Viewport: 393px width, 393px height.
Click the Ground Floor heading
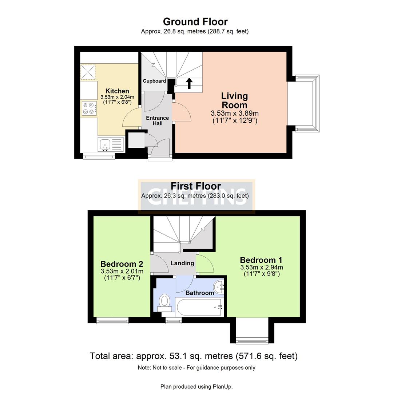click(195, 22)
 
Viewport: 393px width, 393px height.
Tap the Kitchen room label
click(117, 91)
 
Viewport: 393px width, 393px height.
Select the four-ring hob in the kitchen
click(88, 108)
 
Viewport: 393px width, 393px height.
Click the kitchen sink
click(106, 144)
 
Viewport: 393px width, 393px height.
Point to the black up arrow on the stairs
click(189, 83)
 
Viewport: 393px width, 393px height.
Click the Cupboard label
click(154, 81)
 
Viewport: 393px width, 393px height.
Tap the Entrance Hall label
click(157, 120)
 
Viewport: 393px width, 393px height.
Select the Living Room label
click(235, 100)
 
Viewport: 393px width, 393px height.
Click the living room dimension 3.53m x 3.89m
click(235, 114)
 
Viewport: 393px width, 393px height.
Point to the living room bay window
click(308, 103)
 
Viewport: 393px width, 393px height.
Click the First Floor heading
click(195, 186)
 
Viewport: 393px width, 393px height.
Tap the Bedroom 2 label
click(122, 264)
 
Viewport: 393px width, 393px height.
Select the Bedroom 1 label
click(261, 260)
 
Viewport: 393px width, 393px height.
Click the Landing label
click(182, 263)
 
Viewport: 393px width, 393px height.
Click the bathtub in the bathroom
click(199, 307)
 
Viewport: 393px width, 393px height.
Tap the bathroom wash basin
click(219, 287)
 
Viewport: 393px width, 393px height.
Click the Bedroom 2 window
click(112, 321)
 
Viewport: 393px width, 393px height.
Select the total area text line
click(194, 356)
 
